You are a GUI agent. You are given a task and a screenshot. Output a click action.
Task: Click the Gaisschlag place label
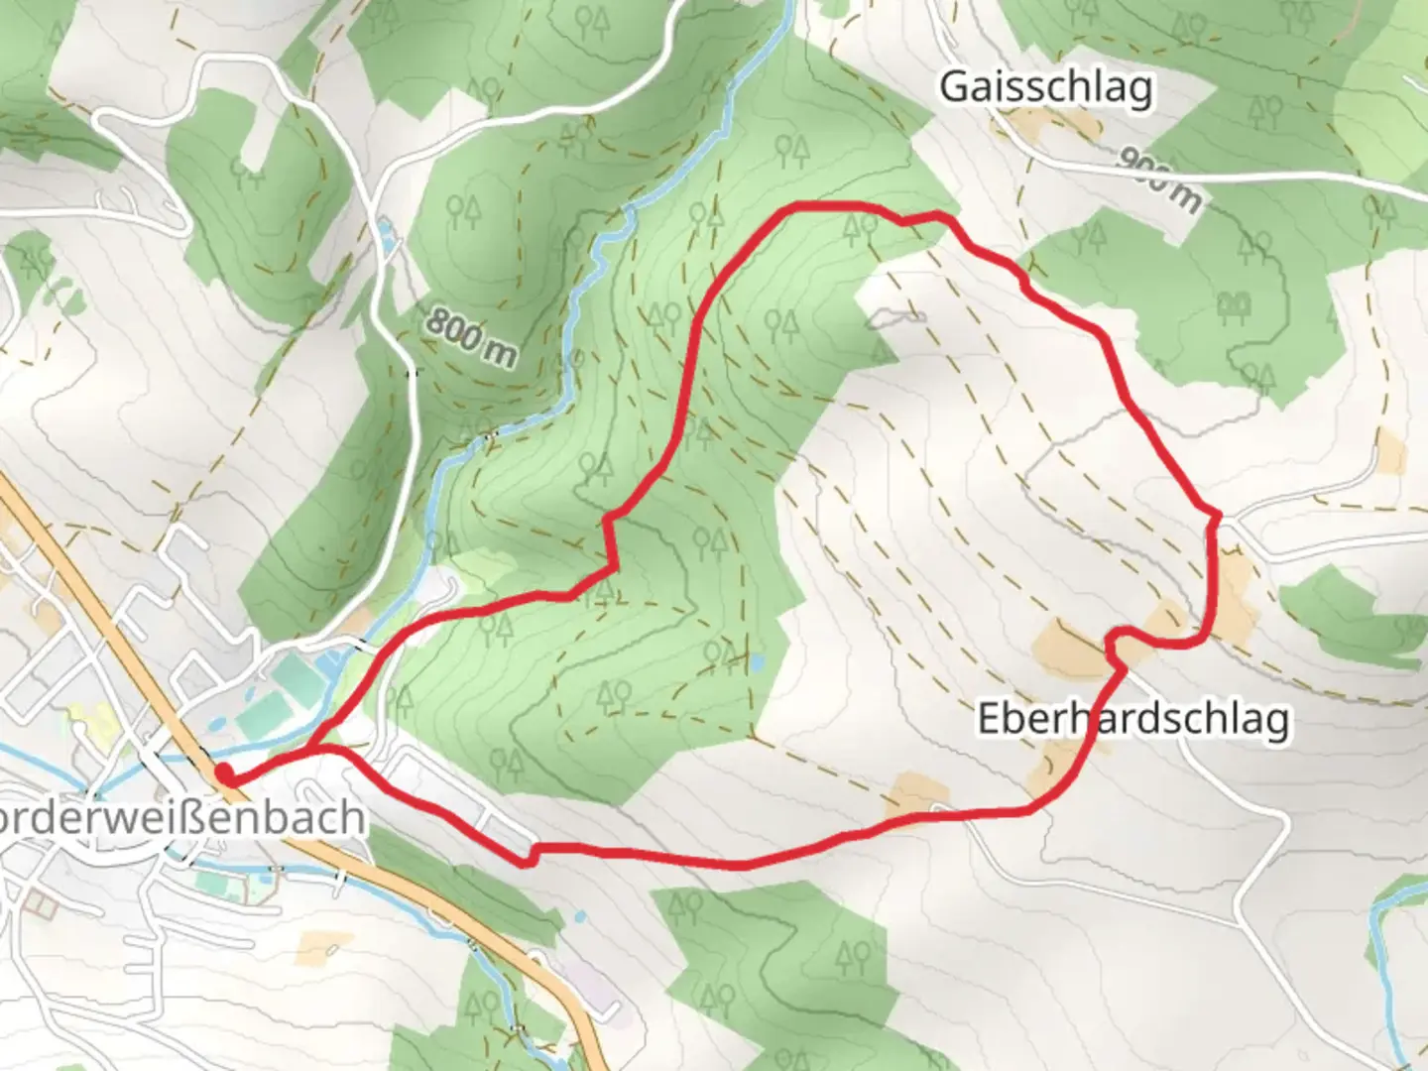[1046, 87]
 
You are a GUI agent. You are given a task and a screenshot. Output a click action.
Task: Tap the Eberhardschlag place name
[1133, 718]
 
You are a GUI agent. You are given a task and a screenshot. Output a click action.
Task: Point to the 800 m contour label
[472, 337]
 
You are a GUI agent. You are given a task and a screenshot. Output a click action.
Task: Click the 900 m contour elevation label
[1160, 179]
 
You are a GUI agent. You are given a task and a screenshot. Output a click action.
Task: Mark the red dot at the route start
[225, 774]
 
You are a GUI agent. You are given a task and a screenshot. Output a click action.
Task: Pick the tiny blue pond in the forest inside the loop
[757, 660]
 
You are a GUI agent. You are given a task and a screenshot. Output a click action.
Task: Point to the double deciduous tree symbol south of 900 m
[1235, 304]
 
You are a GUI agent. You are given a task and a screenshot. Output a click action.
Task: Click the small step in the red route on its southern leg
[532, 855]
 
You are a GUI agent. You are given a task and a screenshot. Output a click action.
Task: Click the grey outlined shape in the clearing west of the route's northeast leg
[896, 318]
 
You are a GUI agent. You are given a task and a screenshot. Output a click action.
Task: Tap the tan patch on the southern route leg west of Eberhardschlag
[917, 794]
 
